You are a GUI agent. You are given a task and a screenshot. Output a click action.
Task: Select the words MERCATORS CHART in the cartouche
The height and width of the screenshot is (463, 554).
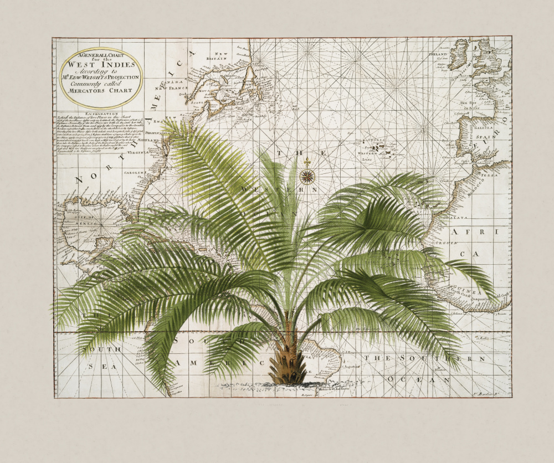tap(101, 90)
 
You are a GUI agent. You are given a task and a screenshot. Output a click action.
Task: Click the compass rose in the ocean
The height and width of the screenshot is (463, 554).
tap(307, 177)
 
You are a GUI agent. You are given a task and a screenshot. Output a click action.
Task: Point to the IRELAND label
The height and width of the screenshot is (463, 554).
tap(438, 55)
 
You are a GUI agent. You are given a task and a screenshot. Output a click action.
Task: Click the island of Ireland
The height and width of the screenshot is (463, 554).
tap(459, 56)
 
